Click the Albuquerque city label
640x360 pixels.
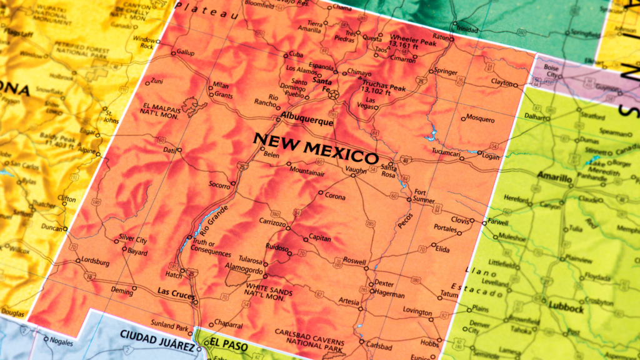coord(307,122)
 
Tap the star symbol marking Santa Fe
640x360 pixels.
coord(333,95)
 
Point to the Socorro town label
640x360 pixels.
coord(219,186)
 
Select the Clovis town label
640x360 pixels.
coord(459,220)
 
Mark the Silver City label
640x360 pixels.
coord(133,240)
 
